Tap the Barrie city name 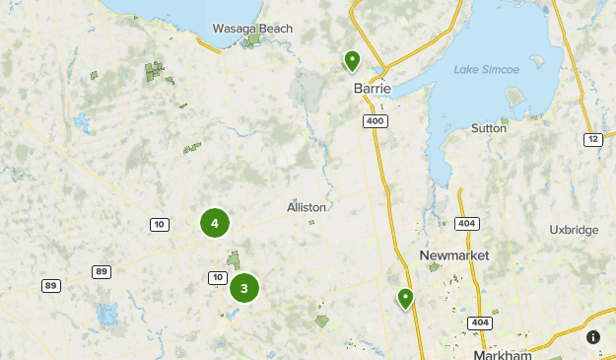[373, 89]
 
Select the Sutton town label [489, 128]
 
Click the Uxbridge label [574, 230]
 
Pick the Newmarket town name [453, 255]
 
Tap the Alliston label [306, 208]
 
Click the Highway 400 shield [374, 120]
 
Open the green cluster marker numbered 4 [215, 223]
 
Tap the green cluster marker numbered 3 [244, 289]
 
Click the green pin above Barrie [352, 61]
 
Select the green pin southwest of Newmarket [405, 297]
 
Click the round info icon [593, 337]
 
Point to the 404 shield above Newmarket [466, 225]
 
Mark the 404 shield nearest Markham [480, 323]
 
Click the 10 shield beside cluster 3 [216, 276]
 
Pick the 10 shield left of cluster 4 [159, 225]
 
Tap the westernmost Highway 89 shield [50, 286]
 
